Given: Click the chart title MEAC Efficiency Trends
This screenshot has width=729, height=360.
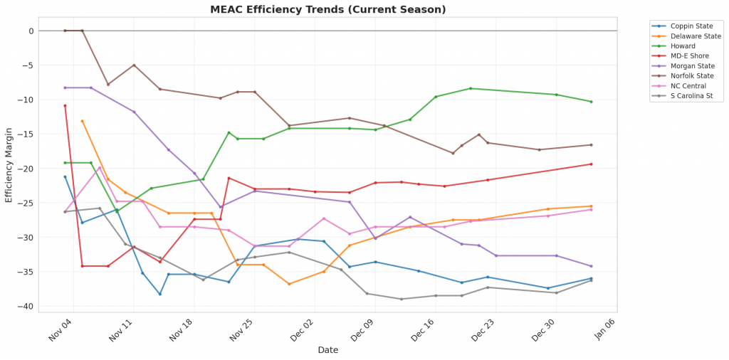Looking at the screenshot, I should click(x=328, y=10).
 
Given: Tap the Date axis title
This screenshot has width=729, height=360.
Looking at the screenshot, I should click(x=328, y=350).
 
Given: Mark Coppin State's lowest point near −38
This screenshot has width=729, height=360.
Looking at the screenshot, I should click(x=160, y=294).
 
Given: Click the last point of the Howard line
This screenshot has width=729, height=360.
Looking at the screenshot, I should click(x=591, y=102).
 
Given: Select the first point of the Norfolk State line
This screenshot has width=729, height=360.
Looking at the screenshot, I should click(x=65, y=31).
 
